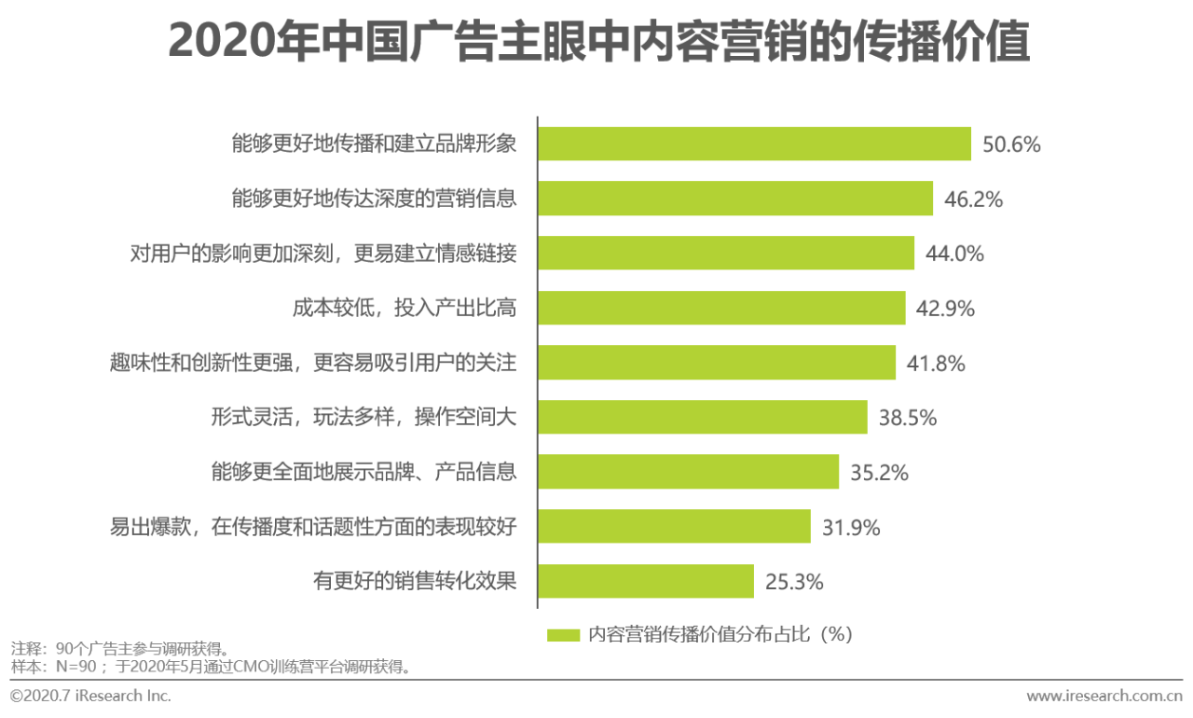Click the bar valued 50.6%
(755, 145)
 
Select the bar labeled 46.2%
(735, 199)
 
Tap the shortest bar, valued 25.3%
(646, 581)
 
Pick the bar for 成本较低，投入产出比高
(721, 308)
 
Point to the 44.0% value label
(954, 254)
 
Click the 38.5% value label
(907, 418)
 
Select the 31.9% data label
(851, 528)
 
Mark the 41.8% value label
(936, 363)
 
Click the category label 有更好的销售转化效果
(415, 581)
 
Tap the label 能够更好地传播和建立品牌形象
(374, 145)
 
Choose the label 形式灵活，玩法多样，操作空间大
(363, 418)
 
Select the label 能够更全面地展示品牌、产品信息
(363, 472)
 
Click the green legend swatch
(564, 635)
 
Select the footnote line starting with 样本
(211, 667)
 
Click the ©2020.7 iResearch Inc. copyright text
(90, 696)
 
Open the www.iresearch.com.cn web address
(1104, 696)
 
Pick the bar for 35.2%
(689, 472)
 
